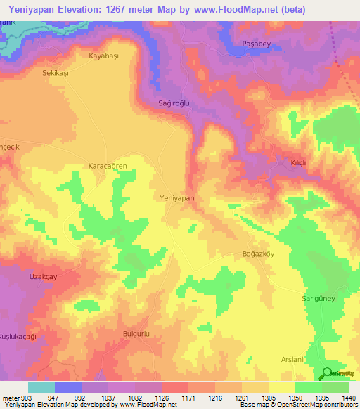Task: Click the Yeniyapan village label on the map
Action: (x=177, y=198)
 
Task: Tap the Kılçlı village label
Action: (x=300, y=162)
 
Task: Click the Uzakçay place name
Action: (x=42, y=278)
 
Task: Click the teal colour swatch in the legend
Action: (x=41, y=387)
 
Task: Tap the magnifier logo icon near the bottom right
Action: (x=327, y=372)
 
